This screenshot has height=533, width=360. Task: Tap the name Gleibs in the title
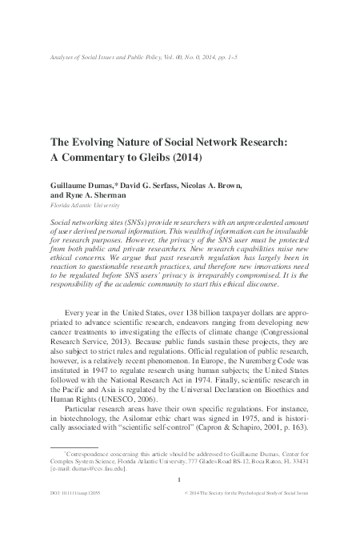[x=166, y=157]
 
